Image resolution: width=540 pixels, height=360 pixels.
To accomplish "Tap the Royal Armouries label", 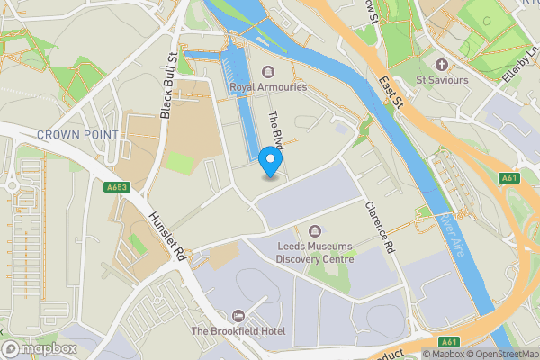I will [268, 87].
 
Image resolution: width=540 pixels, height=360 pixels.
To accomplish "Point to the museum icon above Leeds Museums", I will [314, 232].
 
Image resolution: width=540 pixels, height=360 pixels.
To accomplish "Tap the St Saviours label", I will [442, 80].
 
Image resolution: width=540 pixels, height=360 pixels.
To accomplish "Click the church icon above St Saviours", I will [441, 65].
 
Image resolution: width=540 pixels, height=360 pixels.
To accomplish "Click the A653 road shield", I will [118, 188].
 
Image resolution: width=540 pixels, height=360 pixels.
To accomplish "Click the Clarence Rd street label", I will [379, 227].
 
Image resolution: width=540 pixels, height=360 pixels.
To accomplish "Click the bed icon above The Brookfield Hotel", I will [237, 316].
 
